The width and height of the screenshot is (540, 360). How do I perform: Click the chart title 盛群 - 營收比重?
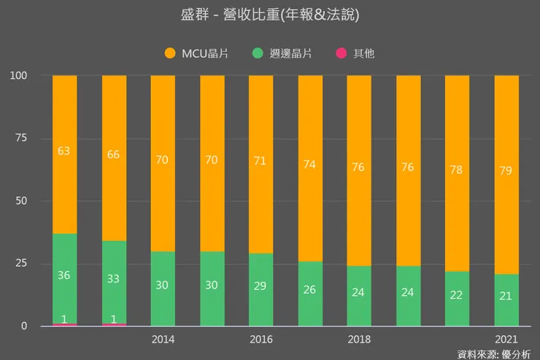(x=270, y=15)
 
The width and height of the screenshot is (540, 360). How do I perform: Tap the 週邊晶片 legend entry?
(x=284, y=53)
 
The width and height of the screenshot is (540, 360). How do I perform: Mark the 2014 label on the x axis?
(x=163, y=340)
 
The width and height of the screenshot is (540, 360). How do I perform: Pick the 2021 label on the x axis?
(x=506, y=340)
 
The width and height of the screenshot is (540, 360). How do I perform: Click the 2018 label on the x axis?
(x=359, y=340)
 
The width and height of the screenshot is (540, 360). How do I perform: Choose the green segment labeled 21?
(x=506, y=299)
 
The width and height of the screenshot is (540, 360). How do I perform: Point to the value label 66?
(x=114, y=154)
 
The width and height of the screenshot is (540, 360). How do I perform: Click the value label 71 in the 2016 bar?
(x=261, y=161)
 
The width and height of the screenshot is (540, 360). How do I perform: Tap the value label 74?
(x=310, y=164)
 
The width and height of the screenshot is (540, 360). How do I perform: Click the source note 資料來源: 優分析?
(x=494, y=354)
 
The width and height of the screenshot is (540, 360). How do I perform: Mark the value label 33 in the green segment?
(x=114, y=278)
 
